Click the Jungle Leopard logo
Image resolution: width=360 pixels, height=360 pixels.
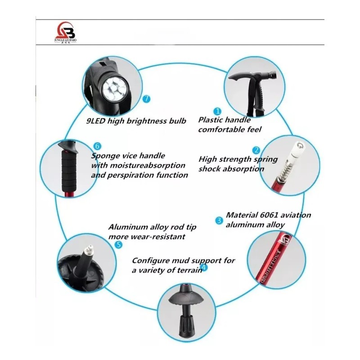point(66,33)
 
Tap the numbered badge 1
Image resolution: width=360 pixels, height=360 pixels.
point(217,111)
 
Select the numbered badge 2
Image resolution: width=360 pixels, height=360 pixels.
point(256,150)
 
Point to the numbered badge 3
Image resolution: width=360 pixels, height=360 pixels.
point(219,220)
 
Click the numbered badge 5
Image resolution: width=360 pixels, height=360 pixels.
point(118,245)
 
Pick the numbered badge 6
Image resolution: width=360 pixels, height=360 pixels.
point(97,146)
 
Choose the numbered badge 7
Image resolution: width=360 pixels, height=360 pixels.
point(146,99)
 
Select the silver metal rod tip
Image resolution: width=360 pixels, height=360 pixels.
point(88,249)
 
